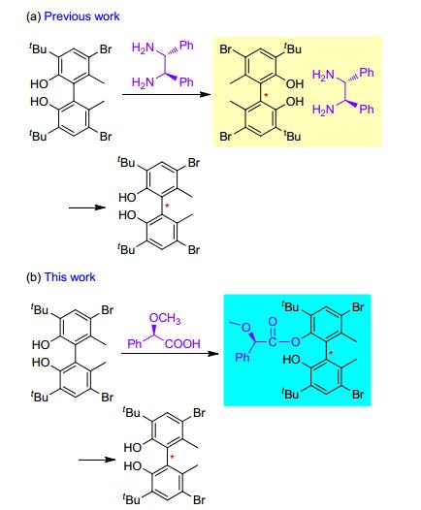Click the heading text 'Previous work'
pos(81,16)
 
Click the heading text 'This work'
pos(70,277)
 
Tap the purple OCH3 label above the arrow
pos(165,318)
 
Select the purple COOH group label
pos(182,344)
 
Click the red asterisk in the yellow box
pos(266,95)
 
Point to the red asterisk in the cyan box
pos(331,353)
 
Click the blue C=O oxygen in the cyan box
pos(273,322)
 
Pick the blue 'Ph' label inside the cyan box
pos(243,358)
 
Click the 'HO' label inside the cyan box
pos(292,360)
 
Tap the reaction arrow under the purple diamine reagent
pos(166,95)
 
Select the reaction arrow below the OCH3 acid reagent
pos(169,354)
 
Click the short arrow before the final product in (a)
pos(87,207)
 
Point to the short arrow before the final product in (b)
pos(97,460)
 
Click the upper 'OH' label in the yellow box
pos(295,84)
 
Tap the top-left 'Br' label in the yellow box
pos(225,49)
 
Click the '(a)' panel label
pos(34,16)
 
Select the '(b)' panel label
pos(34,277)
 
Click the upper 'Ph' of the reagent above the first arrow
pos(186,46)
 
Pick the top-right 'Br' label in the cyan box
pos(358,307)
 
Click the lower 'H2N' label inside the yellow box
pos(323,110)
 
